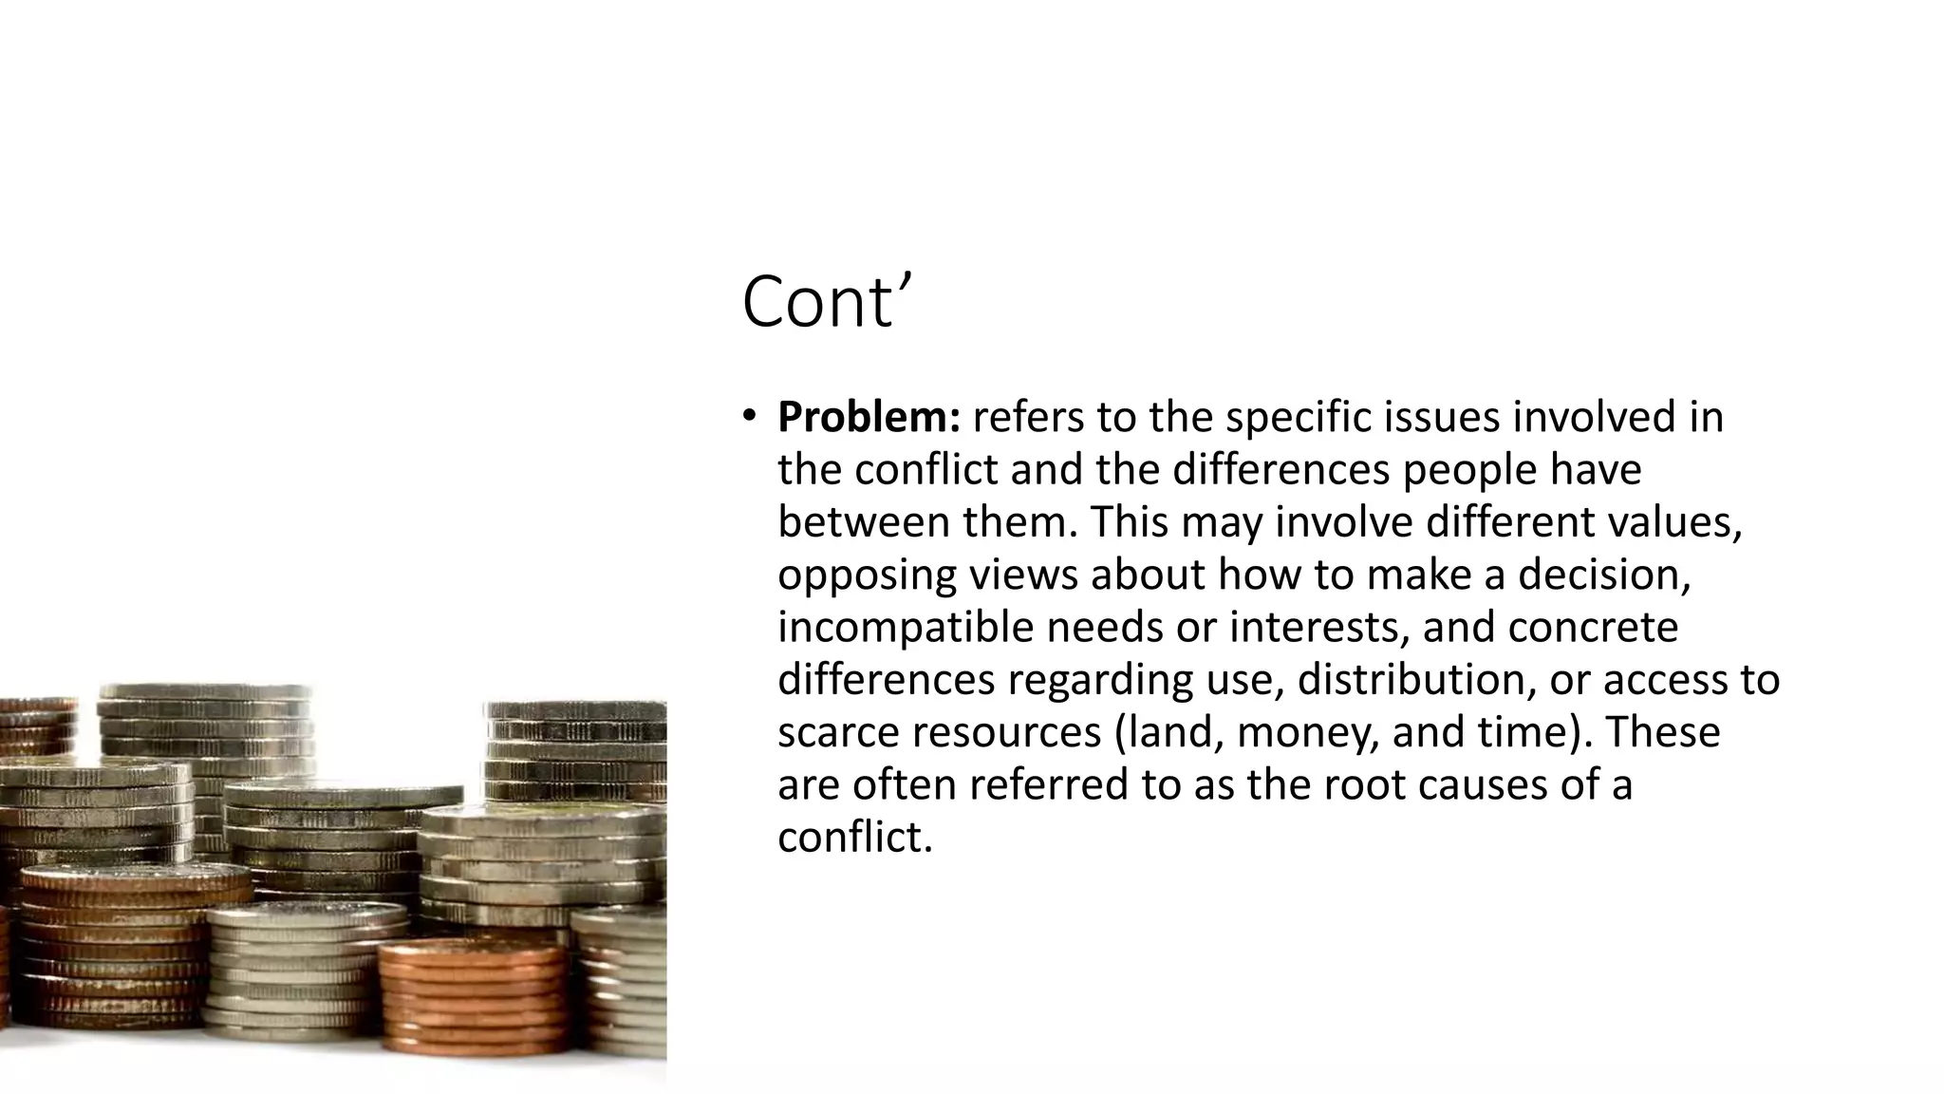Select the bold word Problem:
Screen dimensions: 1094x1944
(x=869, y=418)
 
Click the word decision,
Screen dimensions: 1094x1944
(x=1604, y=575)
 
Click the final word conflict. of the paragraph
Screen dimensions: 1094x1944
(x=855, y=838)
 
